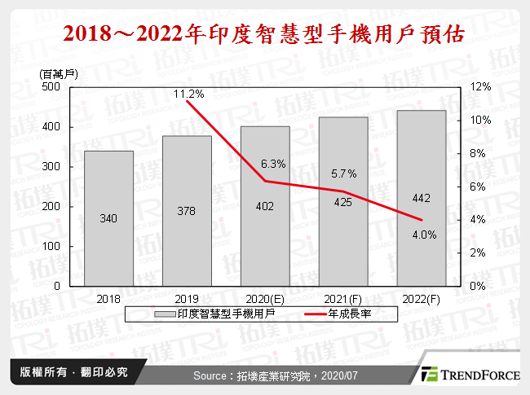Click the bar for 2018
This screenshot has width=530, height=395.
(x=108, y=218)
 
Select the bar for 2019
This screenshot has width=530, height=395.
(x=187, y=211)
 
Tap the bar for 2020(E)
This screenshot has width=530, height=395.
(x=265, y=206)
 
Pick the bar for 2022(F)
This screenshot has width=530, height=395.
(x=422, y=198)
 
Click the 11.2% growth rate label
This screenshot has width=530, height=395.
(x=188, y=94)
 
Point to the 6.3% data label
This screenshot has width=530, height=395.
(x=273, y=164)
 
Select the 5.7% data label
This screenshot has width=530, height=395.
(x=344, y=173)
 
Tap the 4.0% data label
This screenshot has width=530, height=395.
(x=423, y=235)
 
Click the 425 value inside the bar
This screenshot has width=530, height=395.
(x=343, y=202)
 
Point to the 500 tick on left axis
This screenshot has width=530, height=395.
(x=50, y=86)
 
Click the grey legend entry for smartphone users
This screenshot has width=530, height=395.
(x=207, y=314)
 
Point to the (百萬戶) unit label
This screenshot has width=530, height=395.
(x=57, y=73)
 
